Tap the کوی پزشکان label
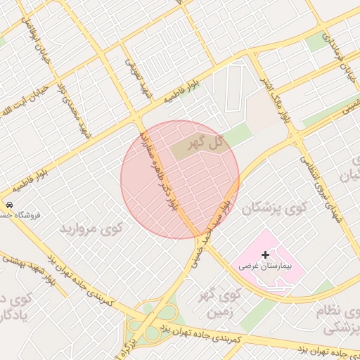tap(269, 209)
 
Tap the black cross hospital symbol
tap(264, 254)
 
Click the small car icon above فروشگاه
tap(9, 204)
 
